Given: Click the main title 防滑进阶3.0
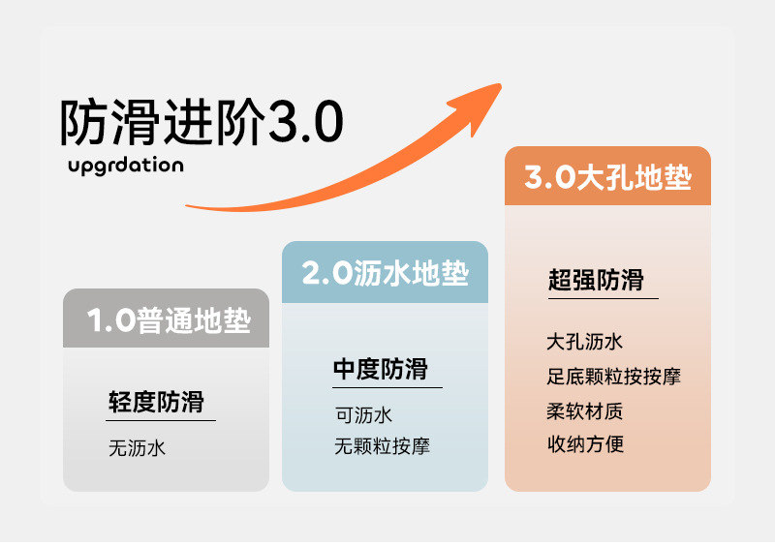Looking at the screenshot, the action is coord(201,123).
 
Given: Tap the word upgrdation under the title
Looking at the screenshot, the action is coord(126,165).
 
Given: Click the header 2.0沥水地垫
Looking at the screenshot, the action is coord(385,273).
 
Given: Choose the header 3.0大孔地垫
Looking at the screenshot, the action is coord(607,178).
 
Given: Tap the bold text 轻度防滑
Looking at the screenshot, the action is coord(156,402).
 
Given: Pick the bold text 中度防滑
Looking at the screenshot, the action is coord(381,369).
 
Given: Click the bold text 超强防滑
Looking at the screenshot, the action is coord(596,281).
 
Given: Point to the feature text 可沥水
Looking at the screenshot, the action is coord(363,415).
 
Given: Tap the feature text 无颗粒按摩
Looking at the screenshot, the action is coord(382,446).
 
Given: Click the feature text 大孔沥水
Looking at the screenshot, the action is coord(584,342).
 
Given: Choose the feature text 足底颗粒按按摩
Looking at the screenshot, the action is coord(613,376).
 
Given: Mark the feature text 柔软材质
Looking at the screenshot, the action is coord(584,410).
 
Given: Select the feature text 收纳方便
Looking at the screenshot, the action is coord(584,444).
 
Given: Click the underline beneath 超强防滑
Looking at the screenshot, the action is coord(603,297).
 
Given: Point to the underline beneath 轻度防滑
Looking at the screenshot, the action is coord(162,420).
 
